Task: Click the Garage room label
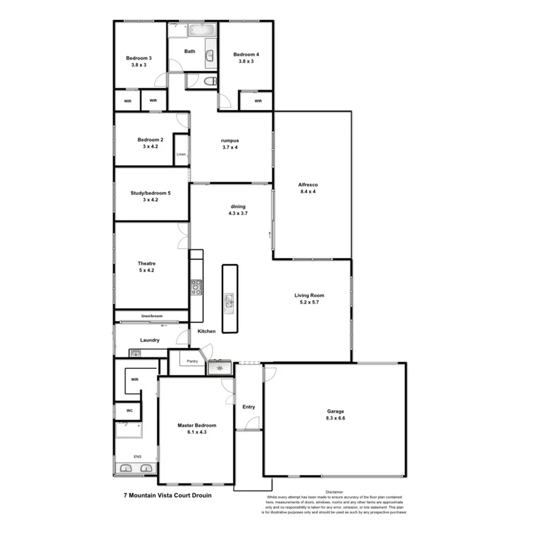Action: (335, 411)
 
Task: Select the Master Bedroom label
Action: (197, 425)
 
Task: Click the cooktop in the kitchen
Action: (197, 287)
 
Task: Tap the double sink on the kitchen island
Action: (229, 301)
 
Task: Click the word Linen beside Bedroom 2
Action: (181, 154)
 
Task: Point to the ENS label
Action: (137, 457)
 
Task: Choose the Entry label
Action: (248, 407)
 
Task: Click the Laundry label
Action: (150, 340)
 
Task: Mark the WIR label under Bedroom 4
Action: (258, 101)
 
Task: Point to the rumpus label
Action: (230, 140)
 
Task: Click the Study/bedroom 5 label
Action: (151, 193)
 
